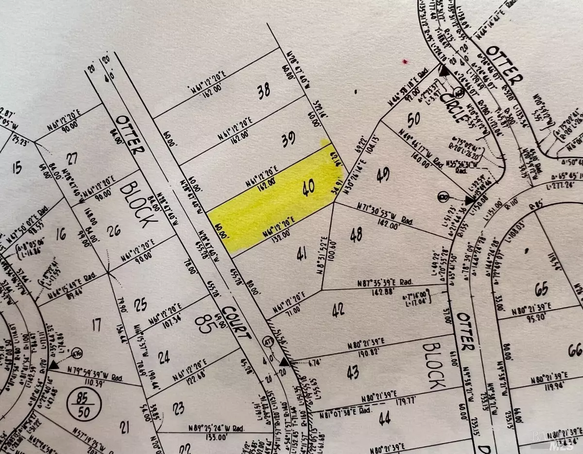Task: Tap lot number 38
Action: [x=264, y=91]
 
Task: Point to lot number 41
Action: [x=302, y=254]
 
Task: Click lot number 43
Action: [x=353, y=372]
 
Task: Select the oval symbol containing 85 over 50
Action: [x=88, y=402]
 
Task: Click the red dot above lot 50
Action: [x=404, y=62]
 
